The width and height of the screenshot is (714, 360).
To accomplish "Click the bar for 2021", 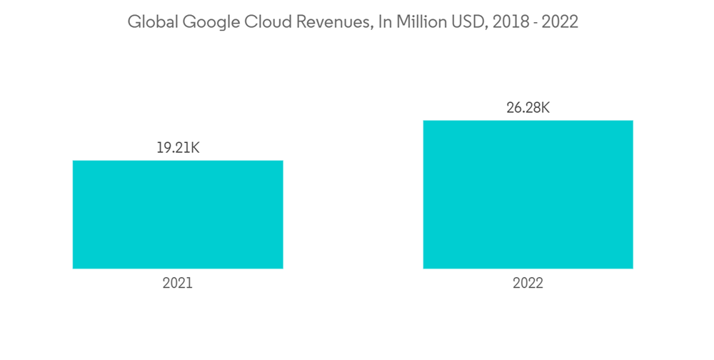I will pyautogui.click(x=178, y=214).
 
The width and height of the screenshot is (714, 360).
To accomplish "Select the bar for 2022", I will pyautogui.click(x=528, y=194).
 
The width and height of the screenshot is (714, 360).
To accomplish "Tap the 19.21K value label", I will pyautogui.click(x=177, y=149).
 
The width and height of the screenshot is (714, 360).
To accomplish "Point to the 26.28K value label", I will pyautogui.click(x=528, y=109).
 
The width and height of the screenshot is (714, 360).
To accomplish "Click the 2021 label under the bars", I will pyautogui.click(x=177, y=284).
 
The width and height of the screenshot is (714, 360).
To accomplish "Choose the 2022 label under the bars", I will pyautogui.click(x=528, y=284).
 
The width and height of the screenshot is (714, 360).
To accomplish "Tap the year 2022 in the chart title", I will pyautogui.click(x=560, y=22).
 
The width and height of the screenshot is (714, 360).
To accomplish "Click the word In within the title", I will pyautogui.click(x=385, y=22).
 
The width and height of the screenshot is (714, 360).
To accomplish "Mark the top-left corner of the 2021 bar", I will pyautogui.click(x=73, y=161).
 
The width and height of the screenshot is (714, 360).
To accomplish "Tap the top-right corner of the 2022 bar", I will pyautogui.click(x=633, y=121).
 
